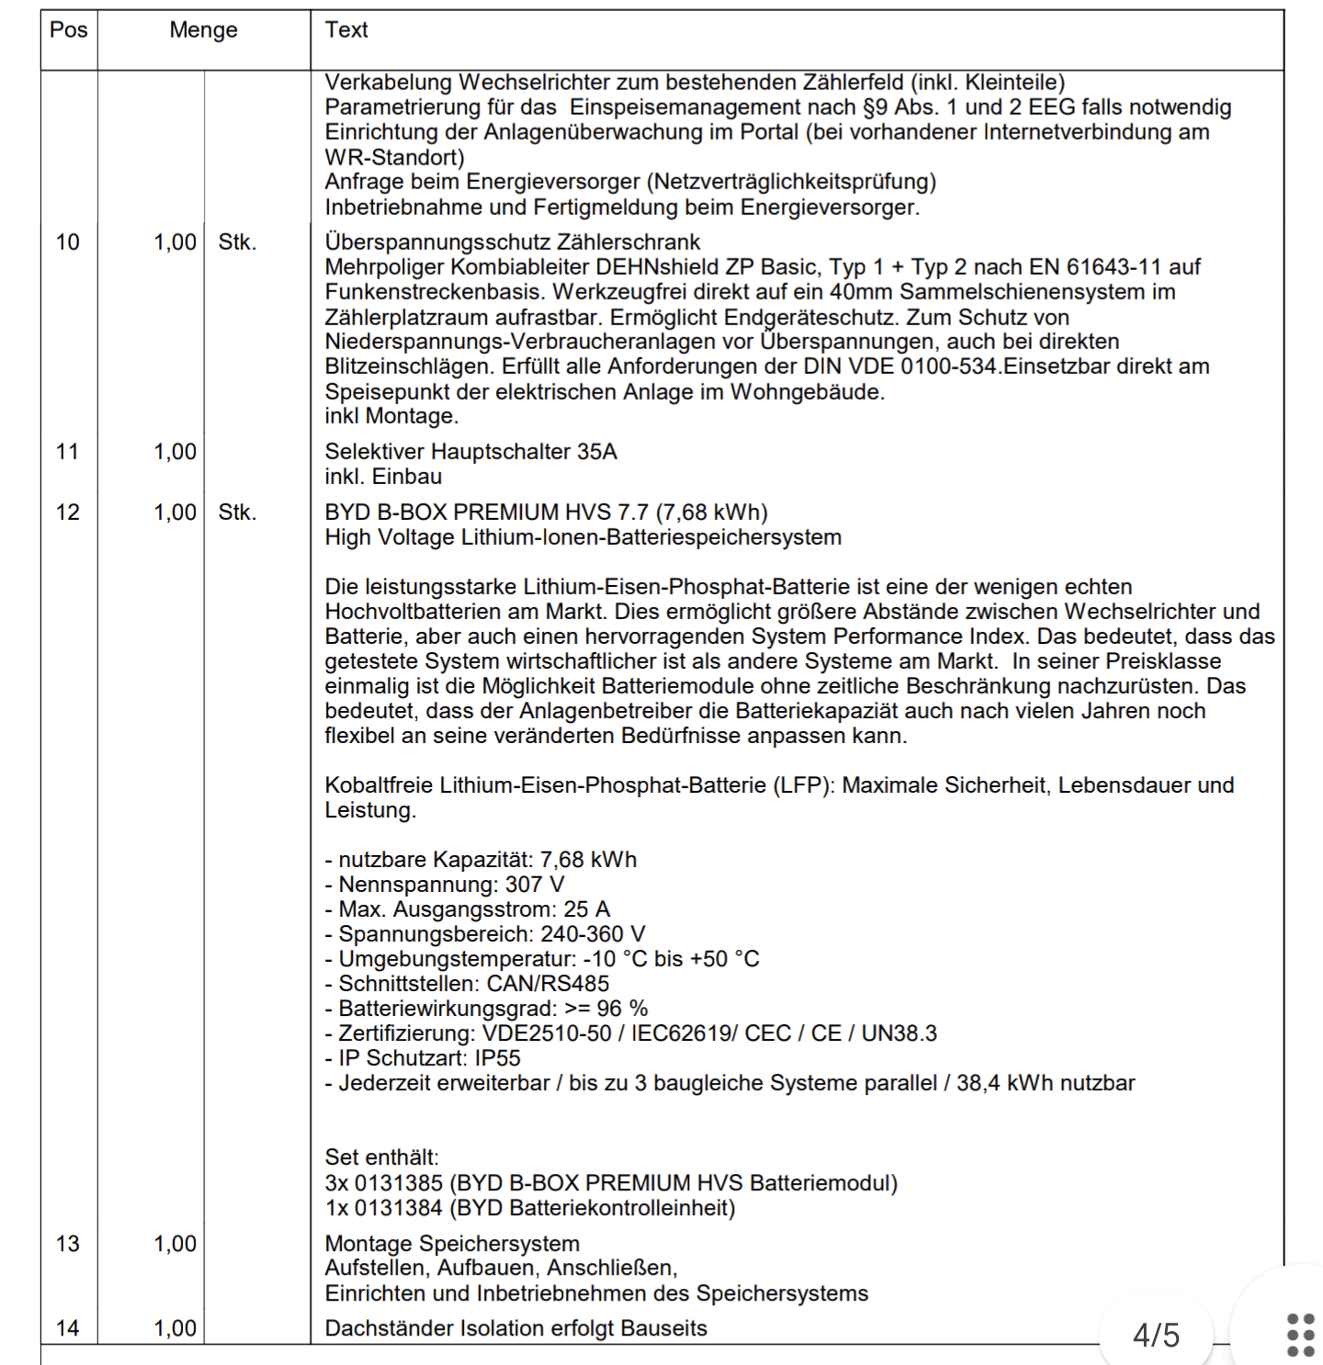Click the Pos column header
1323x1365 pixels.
(x=69, y=30)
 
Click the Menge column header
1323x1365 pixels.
(x=203, y=30)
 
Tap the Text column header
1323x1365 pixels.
(x=346, y=30)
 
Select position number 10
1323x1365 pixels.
(x=68, y=243)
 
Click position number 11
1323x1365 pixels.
(x=68, y=452)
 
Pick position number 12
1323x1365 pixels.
(x=68, y=513)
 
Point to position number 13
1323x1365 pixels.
(x=68, y=1244)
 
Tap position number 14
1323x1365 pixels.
(x=68, y=1328)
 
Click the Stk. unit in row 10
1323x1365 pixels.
(x=237, y=243)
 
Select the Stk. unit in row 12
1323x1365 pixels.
(x=237, y=513)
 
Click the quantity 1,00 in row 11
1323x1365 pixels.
(x=175, y=452)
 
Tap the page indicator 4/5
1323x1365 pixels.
(x=1156, y=1335)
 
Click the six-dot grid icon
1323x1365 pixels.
(x=1301, y=1335)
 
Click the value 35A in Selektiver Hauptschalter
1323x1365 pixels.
(x=597, y=452)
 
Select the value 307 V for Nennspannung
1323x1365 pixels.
(x=535, y=885)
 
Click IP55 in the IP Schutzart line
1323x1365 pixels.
(x=497, y=1058)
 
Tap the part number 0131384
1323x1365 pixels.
(x=399, y=1208)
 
